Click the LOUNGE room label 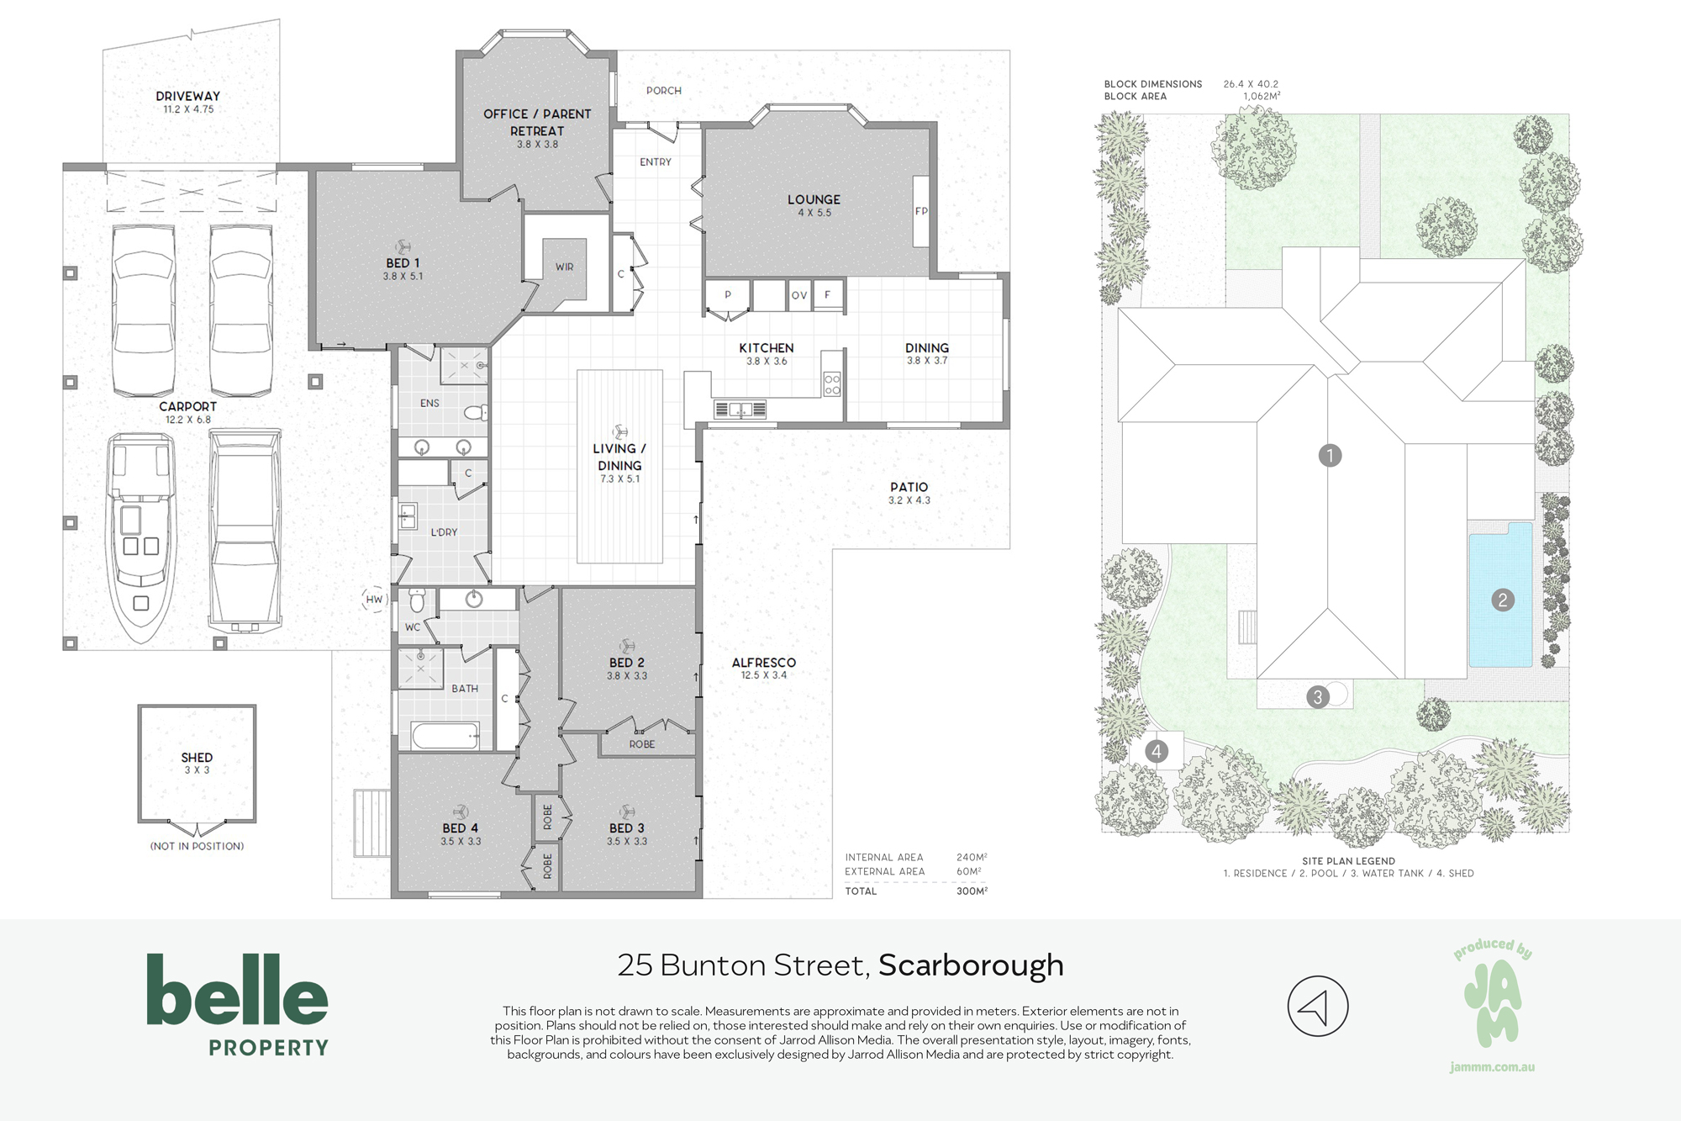[x=814, y=199]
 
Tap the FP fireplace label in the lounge [x=921, y=211]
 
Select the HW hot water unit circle [x=374, y=600]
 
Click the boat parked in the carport [x=140, y=538]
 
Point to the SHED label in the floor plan [x=197, y=758]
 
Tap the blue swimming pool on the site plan [x=1501, y=595]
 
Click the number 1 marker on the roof [x=1330, y=456]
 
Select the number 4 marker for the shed [x=1157, y=751]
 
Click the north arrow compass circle [x=1318, y=1006]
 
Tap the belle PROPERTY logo [x=237, y=1004]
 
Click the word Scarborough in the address [x=971, y=965]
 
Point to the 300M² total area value [x=972, y=891]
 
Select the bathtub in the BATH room [x=445, y=736]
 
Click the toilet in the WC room [x=417, y=600]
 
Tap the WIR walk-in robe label [x=564, y=267]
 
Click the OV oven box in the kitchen [x=799, y=296]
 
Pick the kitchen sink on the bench [x=740, y=410]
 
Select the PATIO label [x=909, y=487]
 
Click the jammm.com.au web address [x=1493, y=1067]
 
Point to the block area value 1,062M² [x=1262, y=97]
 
